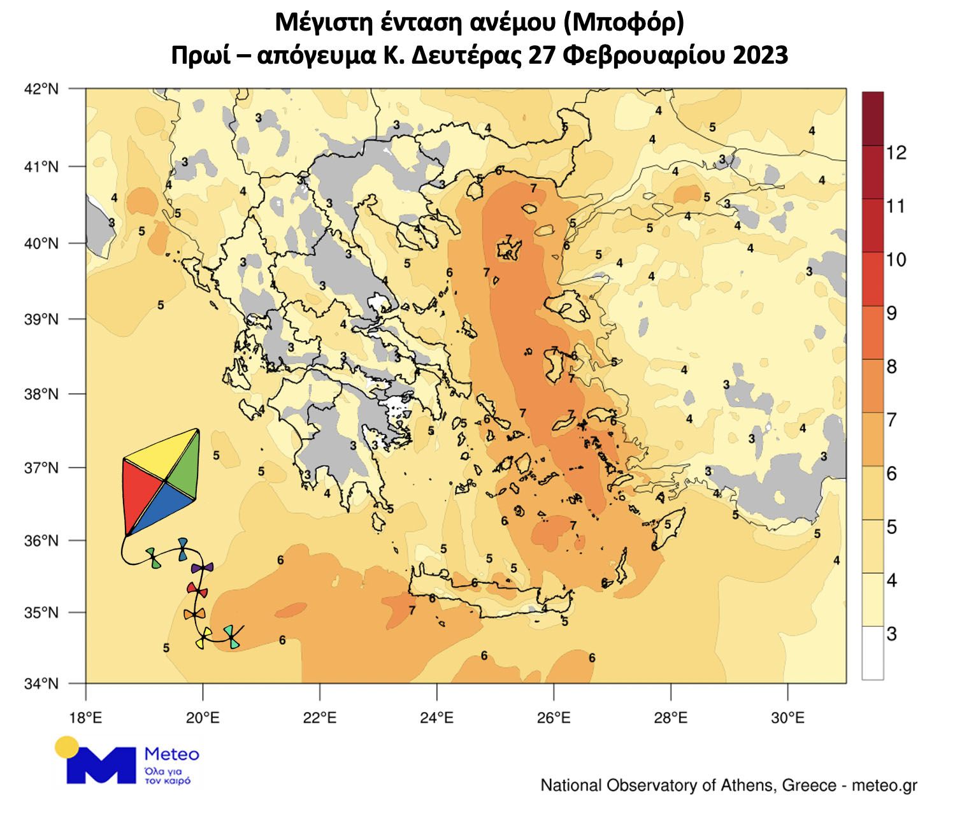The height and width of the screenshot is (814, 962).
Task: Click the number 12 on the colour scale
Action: pos(896,153)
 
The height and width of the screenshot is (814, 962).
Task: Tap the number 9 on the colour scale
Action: pos(892,313)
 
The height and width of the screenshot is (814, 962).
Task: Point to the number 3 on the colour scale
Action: pos(892,634)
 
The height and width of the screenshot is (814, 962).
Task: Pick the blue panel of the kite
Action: pos(162,506)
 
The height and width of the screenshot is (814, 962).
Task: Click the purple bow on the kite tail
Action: pos(202,568)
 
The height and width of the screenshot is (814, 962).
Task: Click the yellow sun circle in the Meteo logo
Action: pos(66,746)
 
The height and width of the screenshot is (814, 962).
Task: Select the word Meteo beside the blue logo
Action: pos(172,755)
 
